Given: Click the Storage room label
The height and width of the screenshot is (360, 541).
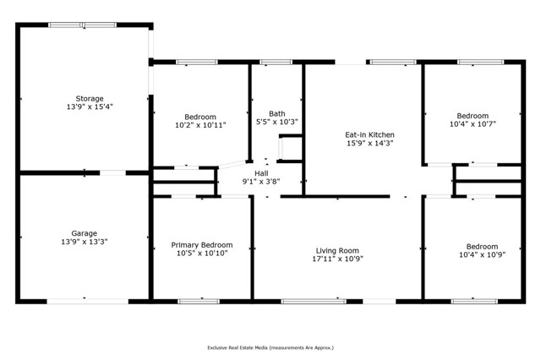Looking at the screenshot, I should click(x=83, y=98).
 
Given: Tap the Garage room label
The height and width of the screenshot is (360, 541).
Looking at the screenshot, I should click(x=83, y=233).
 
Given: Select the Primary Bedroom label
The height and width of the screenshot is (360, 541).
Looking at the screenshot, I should click(x=201, y=245).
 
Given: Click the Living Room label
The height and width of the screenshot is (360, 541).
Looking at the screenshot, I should click(x=338, y=250).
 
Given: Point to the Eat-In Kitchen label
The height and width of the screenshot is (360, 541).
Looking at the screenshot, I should click(x=370, y=134).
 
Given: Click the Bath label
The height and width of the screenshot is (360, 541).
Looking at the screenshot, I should click(x=277, y=113).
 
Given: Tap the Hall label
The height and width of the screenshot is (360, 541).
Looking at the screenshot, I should click(x=261, y=172).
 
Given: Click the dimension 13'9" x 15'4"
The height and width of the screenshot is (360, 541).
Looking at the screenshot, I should click(x=83, y=107).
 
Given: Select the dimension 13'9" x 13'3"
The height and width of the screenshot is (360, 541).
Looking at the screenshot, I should click(x=83, y=242).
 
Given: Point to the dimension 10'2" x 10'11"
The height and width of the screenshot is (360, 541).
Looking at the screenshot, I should click(x=201, y=125).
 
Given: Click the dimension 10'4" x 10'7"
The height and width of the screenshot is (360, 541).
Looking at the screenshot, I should click(x=473, y=124).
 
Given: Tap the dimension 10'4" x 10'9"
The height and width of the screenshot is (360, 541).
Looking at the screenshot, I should click(x=473, y=254).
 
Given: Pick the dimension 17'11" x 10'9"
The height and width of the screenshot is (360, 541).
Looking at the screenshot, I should click(x=338, y=259).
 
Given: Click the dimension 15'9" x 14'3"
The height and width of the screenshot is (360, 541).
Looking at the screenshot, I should click(x=370, y=143).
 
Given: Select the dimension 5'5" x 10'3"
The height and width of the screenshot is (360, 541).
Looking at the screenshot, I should click(x=277, y=122).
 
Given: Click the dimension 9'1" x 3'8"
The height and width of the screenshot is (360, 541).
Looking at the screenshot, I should click(x=261, y=181).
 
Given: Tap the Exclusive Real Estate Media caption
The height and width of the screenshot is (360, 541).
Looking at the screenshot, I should click(x=270, y=347).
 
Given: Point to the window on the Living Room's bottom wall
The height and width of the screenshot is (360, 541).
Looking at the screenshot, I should click(x=313, y=301).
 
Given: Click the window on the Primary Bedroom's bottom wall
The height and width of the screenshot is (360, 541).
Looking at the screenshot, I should click(x=199, y=301).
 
